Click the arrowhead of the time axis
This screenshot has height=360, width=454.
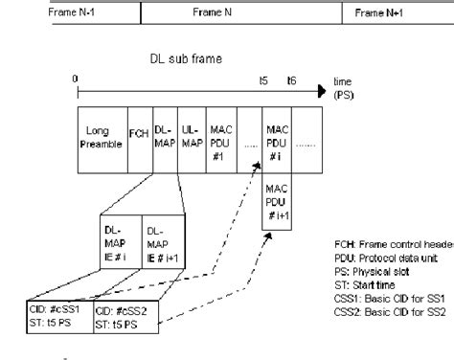pos(323,92)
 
